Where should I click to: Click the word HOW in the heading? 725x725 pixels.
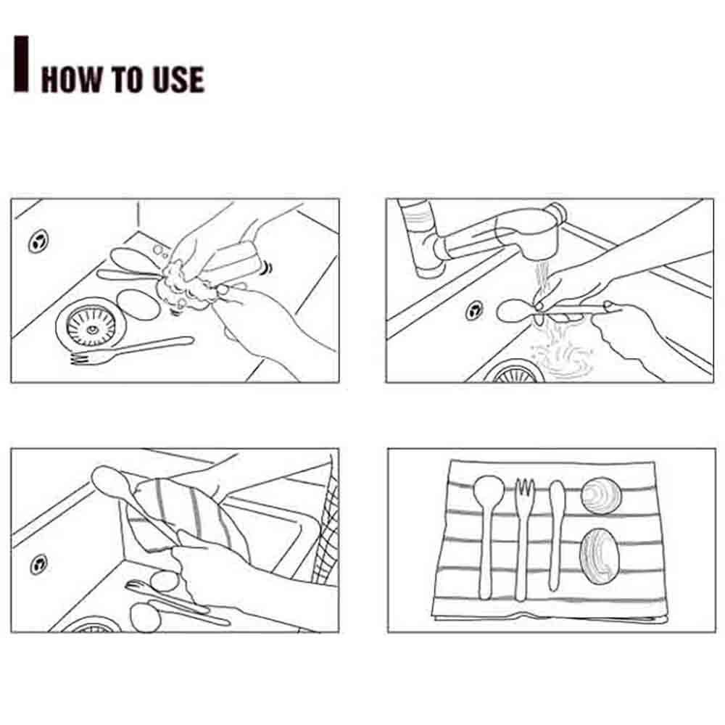coord(71,79)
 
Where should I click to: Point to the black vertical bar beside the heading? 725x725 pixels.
coord(21,63)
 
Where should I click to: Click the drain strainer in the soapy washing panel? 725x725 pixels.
coord(90,327)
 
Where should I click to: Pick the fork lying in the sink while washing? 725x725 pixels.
coord(132,349)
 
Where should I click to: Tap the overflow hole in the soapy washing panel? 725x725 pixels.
coord(38,241)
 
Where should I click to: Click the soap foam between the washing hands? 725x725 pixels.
coord(185,284)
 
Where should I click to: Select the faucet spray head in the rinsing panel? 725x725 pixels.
coord(530,233)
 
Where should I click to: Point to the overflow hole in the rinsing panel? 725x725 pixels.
coord(474,310)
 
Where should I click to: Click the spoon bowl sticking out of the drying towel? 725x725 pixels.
coord(108,481)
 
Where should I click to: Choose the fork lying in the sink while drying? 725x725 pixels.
coord(167,597)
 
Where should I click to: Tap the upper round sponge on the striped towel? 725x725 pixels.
coord(600,495)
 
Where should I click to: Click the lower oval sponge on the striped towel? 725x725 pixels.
coord(600,556)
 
